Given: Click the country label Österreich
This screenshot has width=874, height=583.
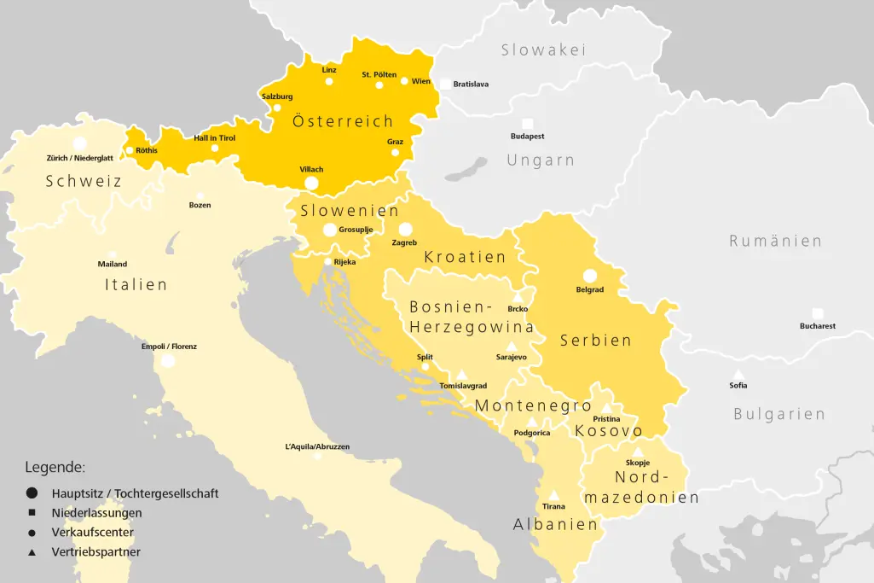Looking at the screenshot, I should pyautogui.click(x=343, y=121).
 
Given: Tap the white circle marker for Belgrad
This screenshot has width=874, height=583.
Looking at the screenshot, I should pyautogui.click(x=589, y=275).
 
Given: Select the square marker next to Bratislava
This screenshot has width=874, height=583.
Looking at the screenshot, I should pyautogui.click(x=445, y=84).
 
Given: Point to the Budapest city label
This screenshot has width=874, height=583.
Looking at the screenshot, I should pyautogui.click(x=527, y=137).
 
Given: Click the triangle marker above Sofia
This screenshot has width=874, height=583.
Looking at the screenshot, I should pyautogui.click(x=738, y=375).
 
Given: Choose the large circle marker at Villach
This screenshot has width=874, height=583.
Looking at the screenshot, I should pyautogui.click(x=311, y=183).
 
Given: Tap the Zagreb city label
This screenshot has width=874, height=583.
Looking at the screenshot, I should pyautogui.click(x=404, y=242).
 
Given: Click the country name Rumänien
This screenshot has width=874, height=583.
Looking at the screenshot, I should pyautogui.click(x=775, y=241).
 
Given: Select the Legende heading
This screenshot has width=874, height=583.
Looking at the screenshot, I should pyautogui.click(x=55, y=467).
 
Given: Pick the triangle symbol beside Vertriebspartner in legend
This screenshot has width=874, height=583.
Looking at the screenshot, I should pyautogui.click(x=32, y=552).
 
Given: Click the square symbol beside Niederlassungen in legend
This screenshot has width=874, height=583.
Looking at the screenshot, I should pyautogui.click(x=32, y=513).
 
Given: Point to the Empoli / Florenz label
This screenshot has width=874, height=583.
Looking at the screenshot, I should pyautogui.click(x=169, y=347).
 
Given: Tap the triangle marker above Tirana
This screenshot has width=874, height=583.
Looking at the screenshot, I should pyautogui.click(x=553, y=495).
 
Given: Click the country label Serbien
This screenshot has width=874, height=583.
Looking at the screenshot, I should pyautogui.click(x=596, y=340).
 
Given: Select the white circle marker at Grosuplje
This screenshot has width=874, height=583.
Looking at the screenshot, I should pyautogui.click(x=329, y=230).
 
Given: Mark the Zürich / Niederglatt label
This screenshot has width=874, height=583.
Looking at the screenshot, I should pyautogui.click(x=79, y=158).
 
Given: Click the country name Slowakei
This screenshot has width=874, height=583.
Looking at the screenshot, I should pyautogui.click(x=543, y=50).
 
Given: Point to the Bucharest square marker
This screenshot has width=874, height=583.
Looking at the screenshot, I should pyautogui.click(x=818, y=313).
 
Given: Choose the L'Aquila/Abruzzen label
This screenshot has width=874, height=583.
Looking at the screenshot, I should pyautogui.click(x=317, y=446).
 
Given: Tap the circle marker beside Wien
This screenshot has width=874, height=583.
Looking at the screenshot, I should pyautogui.click(x=404, y=81).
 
